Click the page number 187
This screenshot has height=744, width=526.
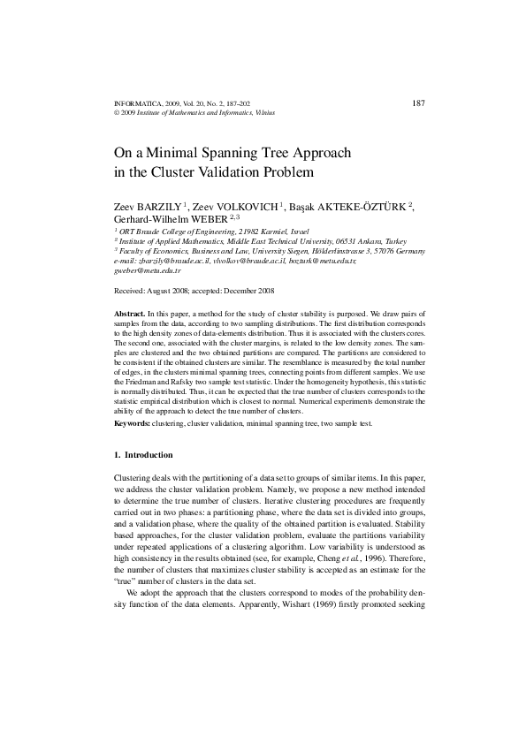tap(419, 103)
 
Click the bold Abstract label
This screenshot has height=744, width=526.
tap(132, 315)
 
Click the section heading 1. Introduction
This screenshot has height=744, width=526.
tap(144, 454)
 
